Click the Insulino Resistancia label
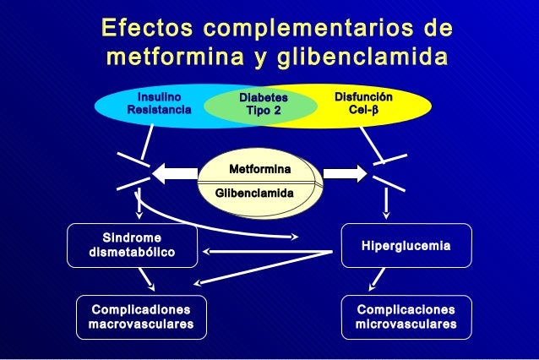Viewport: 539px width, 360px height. coord(159,103)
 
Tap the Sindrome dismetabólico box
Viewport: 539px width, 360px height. coord(131,245)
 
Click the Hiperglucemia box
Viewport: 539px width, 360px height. coord(406,245)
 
